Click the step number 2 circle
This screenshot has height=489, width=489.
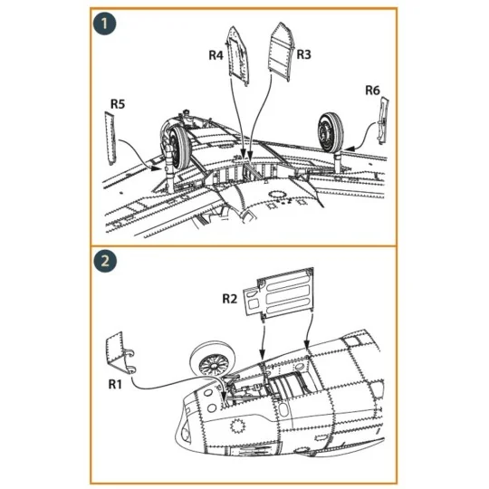click(105, 263)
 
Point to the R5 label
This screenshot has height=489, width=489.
click(117, 105)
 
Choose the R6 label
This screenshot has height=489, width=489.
click(372, 90)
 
